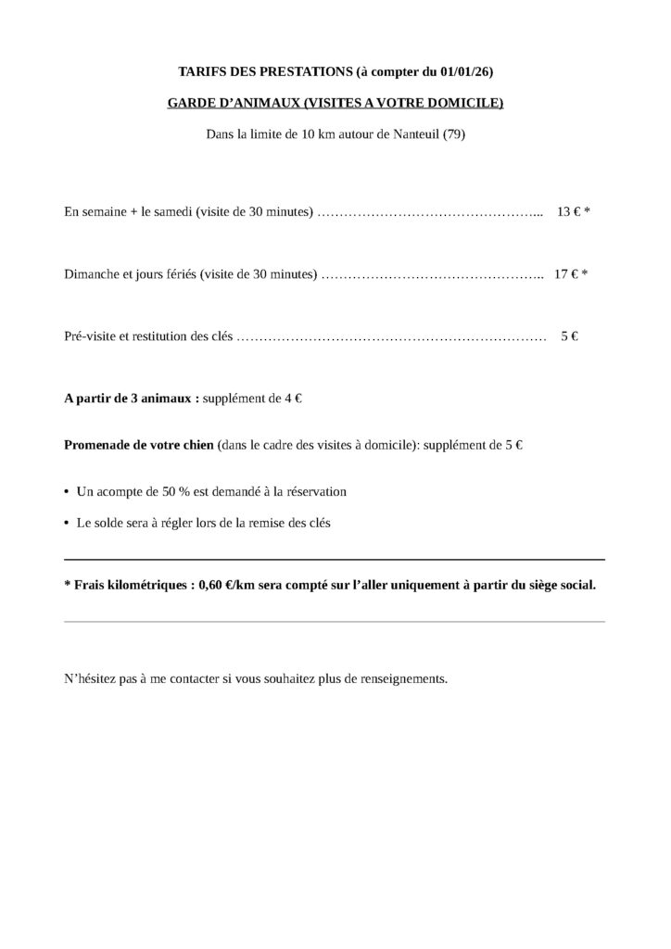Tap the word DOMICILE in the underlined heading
(x=469, y=103)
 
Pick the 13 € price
(x=567, y=211)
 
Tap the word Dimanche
(x=92, y=274)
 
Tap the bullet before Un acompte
(x=67, y=491)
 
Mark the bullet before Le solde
(x=67, y=523)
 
